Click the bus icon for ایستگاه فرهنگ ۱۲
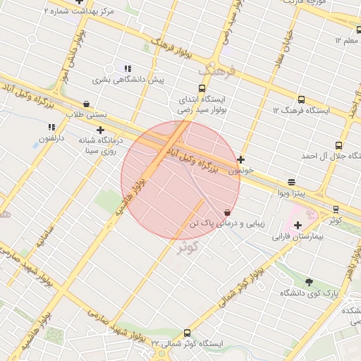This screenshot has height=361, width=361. (302, 100)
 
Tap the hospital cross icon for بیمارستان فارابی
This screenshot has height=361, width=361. (298, 225)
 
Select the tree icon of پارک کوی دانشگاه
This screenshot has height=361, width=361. (309, 282)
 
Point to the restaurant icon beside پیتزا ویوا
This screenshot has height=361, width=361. (292, 181)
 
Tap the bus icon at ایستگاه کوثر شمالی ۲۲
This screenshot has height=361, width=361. (187, 333)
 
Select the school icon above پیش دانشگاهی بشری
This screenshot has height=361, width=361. (128, 68)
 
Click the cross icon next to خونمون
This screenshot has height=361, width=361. (241, 160)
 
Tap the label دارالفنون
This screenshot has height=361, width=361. (51, 138)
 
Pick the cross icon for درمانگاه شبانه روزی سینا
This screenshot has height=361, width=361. (101, 130)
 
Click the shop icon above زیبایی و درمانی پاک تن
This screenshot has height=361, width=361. (226, 212)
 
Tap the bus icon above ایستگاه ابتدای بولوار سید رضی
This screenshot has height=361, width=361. (202, 89)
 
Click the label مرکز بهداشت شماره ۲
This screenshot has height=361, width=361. (78, 13)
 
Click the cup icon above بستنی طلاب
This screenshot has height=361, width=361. (86, 103)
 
